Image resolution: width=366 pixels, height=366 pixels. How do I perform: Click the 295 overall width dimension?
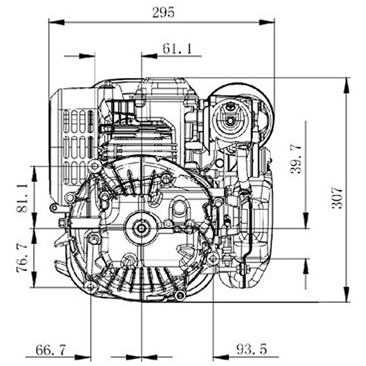coord(163,12)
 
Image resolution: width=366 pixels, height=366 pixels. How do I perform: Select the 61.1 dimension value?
coord(177,49)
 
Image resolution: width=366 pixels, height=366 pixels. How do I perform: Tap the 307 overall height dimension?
coord(337,198)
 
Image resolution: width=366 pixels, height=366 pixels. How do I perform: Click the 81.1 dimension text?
coord(22,198)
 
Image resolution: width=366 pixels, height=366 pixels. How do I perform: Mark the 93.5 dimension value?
coord(251,350)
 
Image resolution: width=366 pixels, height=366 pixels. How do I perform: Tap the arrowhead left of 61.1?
coord(149,56)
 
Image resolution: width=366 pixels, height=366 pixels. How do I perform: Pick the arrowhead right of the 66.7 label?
coord(83,356)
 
